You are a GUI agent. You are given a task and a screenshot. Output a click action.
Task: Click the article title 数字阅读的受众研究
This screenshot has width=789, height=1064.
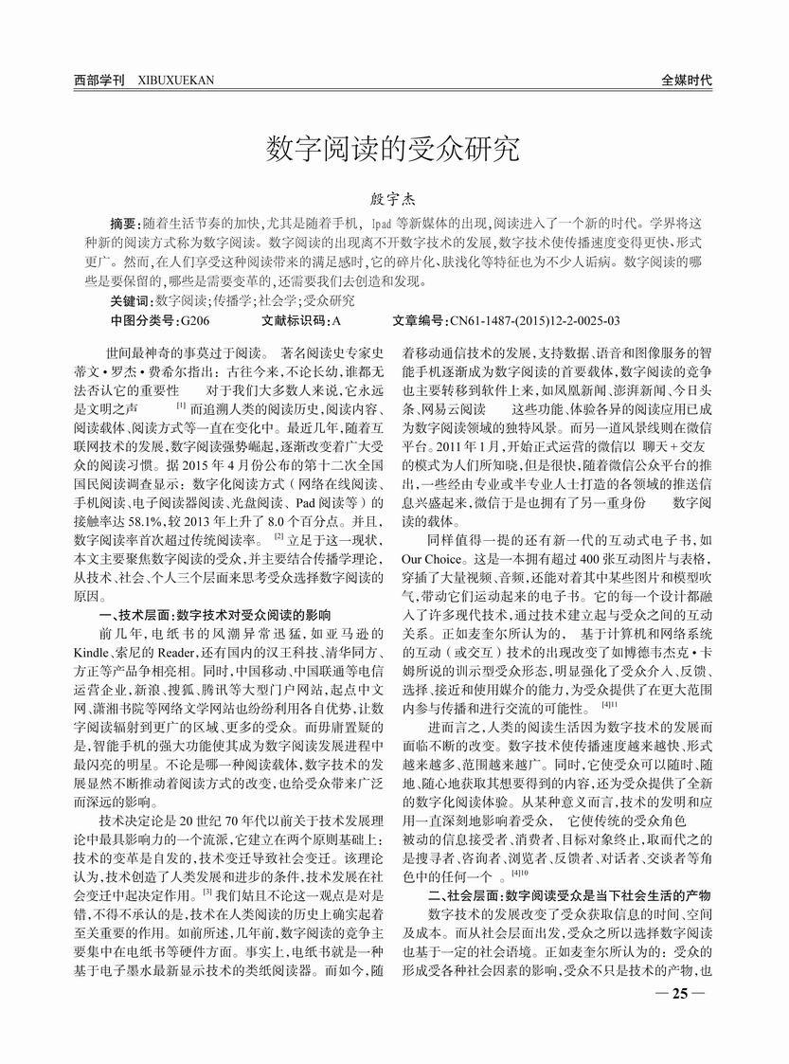pyautogui.click(x=393, y=149)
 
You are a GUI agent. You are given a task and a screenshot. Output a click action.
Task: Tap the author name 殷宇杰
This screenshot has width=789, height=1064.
pyautogui.click(x=393, y=201)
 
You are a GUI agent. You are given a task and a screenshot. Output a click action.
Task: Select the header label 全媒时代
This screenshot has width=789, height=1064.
pyautogui.click(x=688, y=81)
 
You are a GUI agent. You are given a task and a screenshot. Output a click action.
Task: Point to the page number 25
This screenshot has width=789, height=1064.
pyautogui.click(x=678, y=993)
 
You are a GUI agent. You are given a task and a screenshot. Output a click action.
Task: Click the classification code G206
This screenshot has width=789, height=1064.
pyautogui.click(x=193, y=320)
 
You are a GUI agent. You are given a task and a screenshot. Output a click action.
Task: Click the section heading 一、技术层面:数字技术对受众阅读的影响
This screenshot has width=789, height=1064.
pyautogui.click(x=214, y=614)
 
